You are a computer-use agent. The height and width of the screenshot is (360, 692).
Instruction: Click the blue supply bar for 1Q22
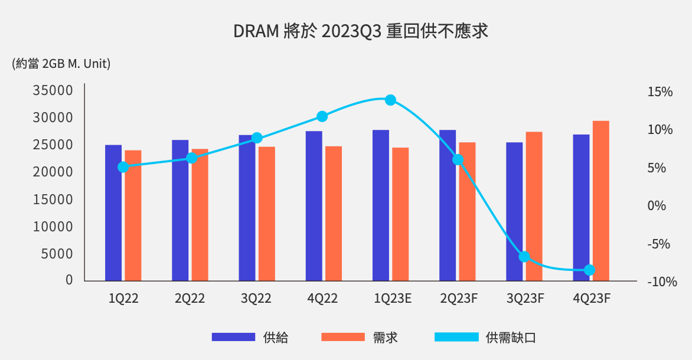(x=113, y=212)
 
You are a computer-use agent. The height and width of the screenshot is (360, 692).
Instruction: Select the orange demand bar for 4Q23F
(x=600, y=201)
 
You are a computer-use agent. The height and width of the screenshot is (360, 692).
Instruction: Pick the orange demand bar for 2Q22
(x=200, y=215)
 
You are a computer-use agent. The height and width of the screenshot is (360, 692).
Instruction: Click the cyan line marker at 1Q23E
(x=390, y=100)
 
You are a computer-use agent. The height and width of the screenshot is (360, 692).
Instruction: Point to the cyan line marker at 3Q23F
(x=524, y=257)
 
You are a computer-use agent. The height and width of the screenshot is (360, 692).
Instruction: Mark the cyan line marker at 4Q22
(x=322, y=116)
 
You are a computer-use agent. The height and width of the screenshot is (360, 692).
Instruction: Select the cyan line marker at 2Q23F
(x=458, y=160)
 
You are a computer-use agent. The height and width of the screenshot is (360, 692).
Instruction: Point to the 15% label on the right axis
(x=660, y=92)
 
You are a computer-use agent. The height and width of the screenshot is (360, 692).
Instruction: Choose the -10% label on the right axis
(x=662, y=282)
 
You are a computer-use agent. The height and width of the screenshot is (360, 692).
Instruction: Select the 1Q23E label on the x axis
(x=393, y=299)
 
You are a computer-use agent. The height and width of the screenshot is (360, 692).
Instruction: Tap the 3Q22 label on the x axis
(x=256, y=299)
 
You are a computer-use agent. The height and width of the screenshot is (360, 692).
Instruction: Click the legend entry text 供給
(x=276, y=338)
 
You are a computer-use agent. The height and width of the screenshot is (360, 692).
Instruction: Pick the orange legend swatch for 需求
(x=343, y=337)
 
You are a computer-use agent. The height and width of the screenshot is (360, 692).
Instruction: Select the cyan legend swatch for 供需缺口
(x=456, y=337)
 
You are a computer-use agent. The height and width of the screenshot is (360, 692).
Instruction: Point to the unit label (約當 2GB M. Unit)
(x=61, y=64)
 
